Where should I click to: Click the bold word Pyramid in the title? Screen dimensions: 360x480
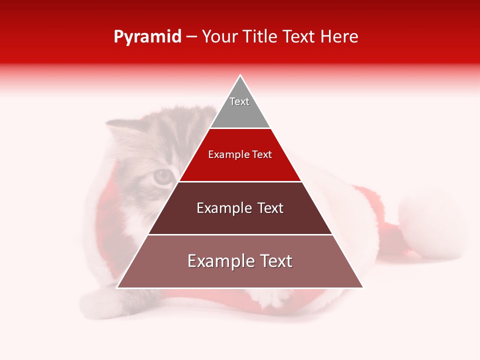(x=147, y=37)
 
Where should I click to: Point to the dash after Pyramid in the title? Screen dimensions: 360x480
(x=191, y=37)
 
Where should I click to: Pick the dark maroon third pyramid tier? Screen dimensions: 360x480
(x=240, y=220)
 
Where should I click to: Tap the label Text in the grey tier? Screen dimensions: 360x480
(x=239, y=101)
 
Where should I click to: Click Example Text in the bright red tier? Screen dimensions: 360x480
(x=240, y=154)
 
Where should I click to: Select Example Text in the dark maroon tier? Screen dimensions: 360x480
(x=240, y=208)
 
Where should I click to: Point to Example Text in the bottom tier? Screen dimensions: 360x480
(x=240, y=261)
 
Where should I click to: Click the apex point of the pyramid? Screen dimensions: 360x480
(x=240, y=75)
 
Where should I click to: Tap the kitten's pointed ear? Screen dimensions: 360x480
(x=119, y=131)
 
